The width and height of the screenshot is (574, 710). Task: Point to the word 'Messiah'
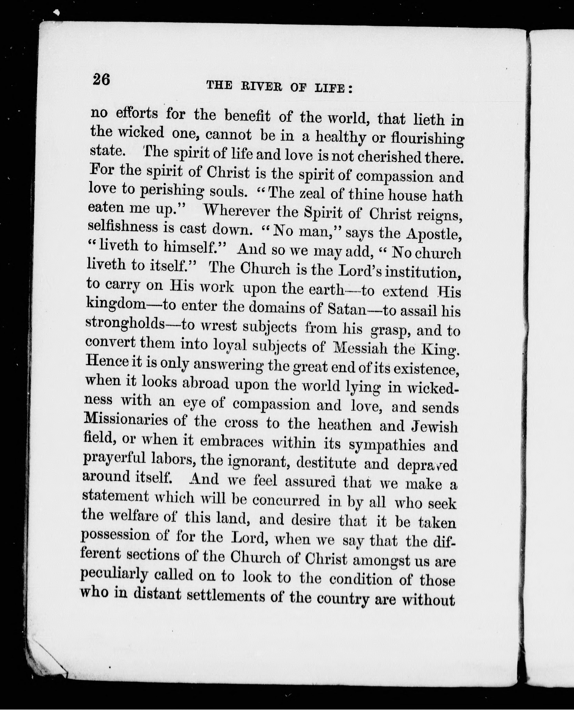(x=360, y=348)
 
